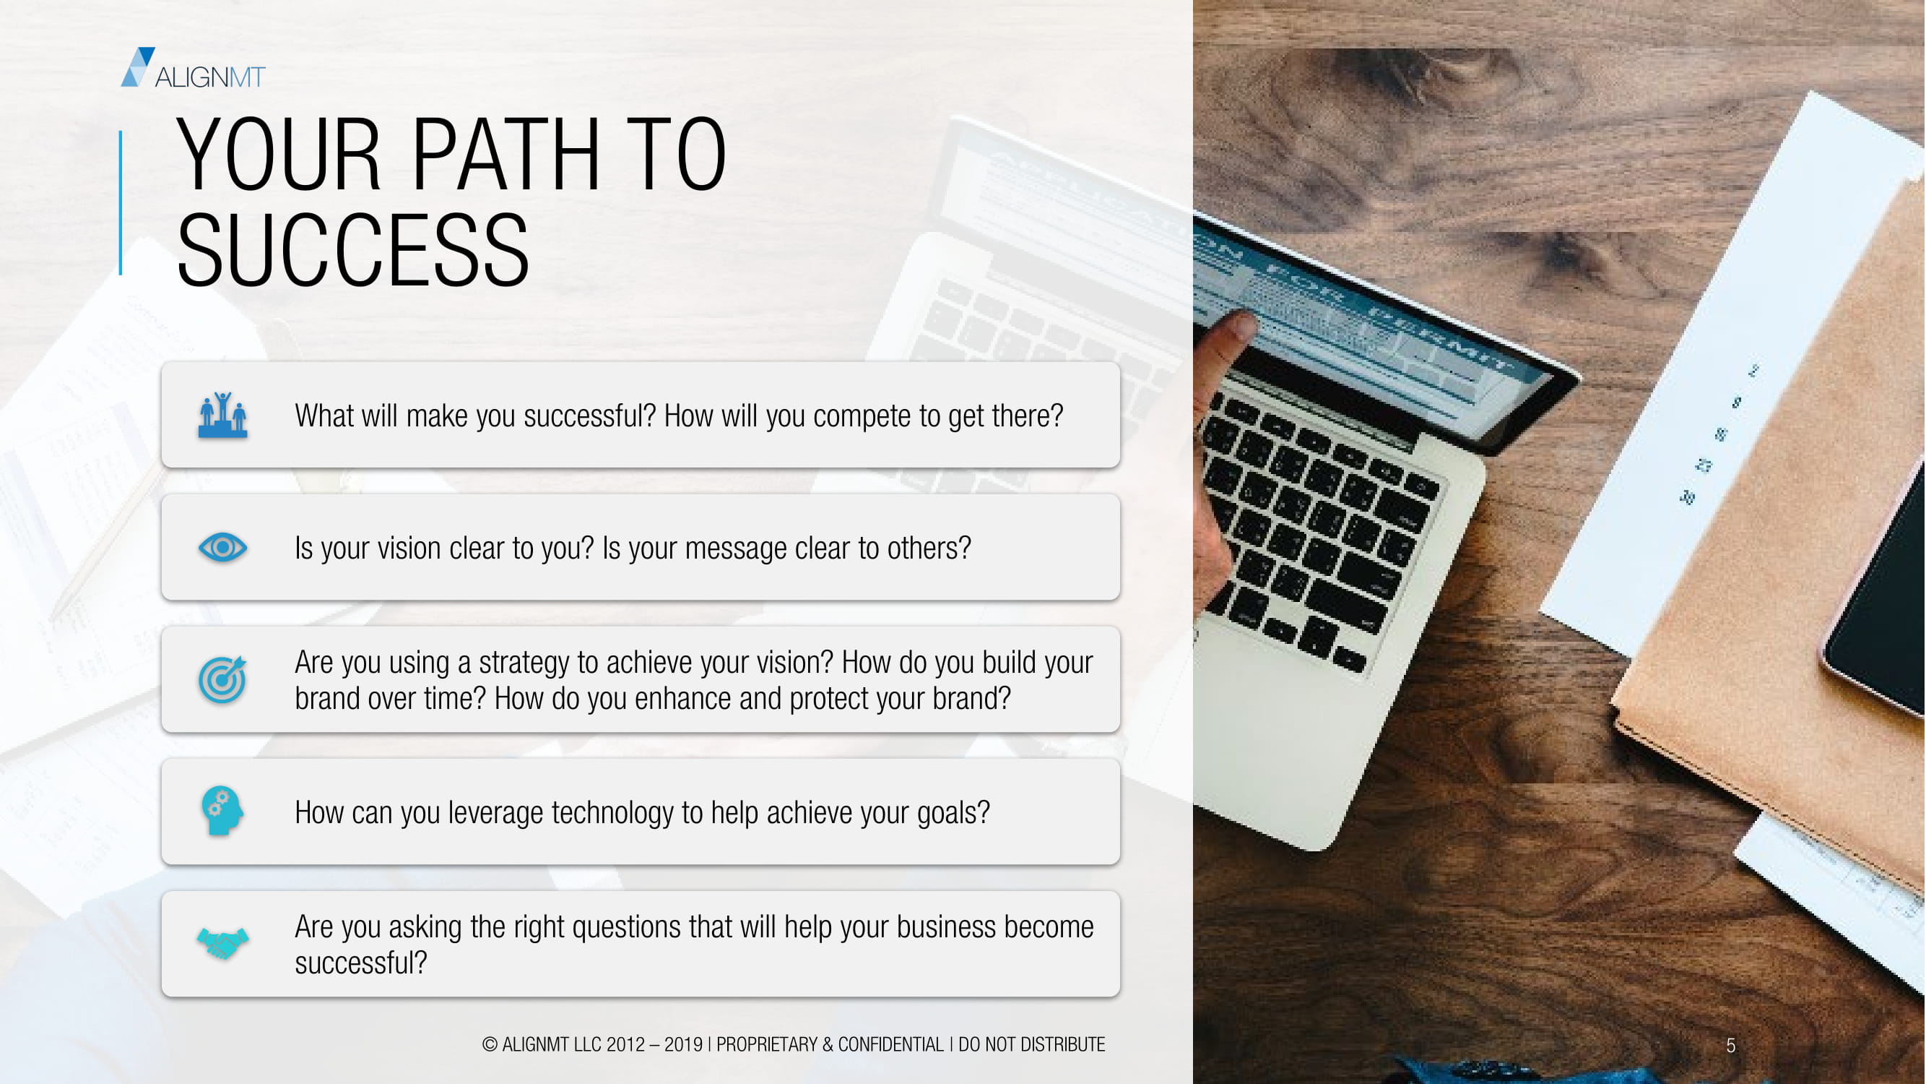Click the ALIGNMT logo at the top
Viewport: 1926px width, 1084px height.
click(x=193, y=68)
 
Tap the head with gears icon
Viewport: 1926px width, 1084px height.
click(x=222, y=811)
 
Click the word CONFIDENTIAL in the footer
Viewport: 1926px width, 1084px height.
click(x=890, y=1044)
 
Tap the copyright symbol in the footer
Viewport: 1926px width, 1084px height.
click(x=490, y=1044)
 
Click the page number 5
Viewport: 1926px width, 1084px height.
click(x=1730, y=1046)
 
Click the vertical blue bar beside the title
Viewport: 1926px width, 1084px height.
click(x=121, y=203)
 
